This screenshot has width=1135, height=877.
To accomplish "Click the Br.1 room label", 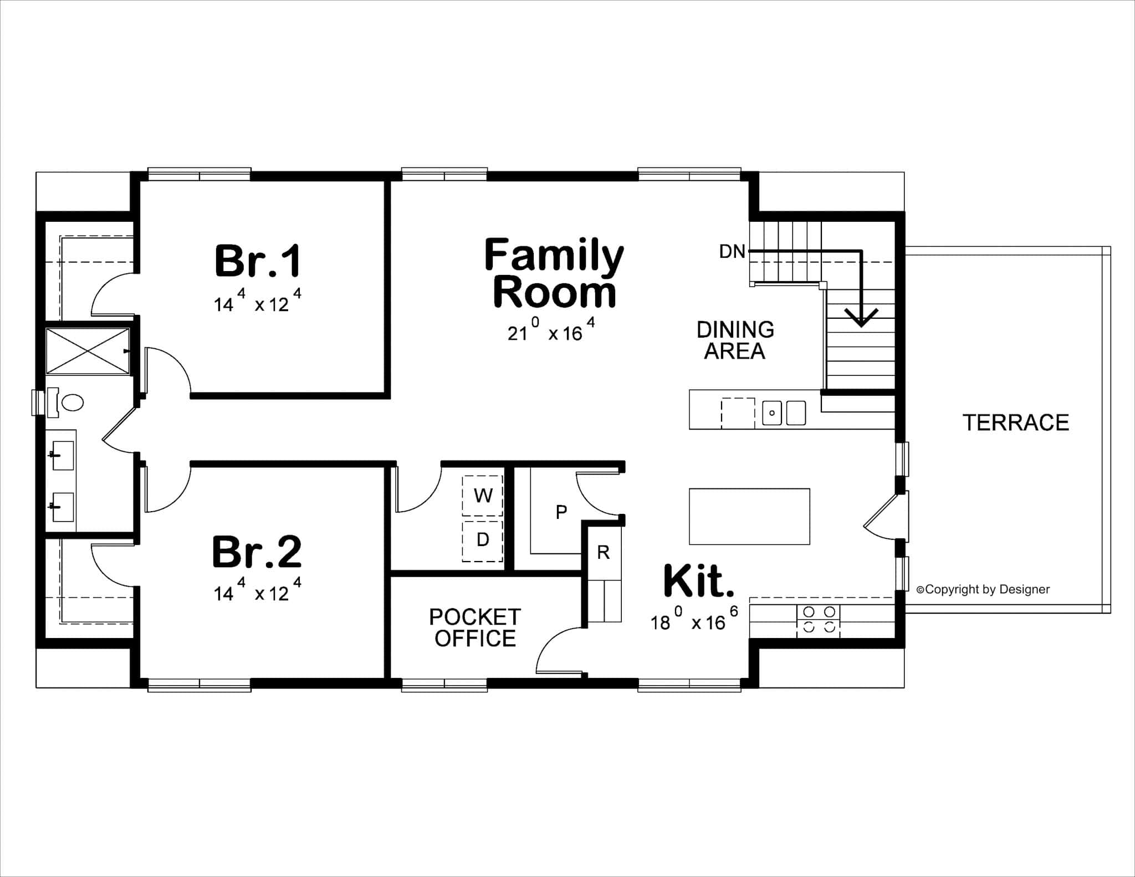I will [x=258, y=261].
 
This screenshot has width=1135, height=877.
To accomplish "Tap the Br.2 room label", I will [x=257, y=552].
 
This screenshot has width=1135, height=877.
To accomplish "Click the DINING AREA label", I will [x=735, y=340].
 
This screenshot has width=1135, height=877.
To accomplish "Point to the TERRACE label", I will [x=1015, y=423].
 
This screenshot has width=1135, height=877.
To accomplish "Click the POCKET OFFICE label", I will [x=475, y=628].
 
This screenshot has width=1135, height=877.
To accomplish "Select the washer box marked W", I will [x=483, y=495].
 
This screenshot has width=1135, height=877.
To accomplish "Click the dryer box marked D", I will [x=483, y=539].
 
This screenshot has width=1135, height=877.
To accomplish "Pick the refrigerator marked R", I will [x=604, y=552].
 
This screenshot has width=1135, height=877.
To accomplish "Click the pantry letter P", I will [x=561, y=512].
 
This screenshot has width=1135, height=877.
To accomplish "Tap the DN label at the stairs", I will [x=732, y=252].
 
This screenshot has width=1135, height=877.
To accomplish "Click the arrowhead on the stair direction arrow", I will [x=861, y=318].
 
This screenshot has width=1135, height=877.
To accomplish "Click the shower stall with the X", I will [x=88, y=351].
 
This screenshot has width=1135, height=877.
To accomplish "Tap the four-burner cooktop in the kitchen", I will [x=819, y=619].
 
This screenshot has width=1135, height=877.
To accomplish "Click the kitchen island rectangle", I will [x=749, y=516].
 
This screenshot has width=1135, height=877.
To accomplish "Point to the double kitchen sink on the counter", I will [x=783, y=413].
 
